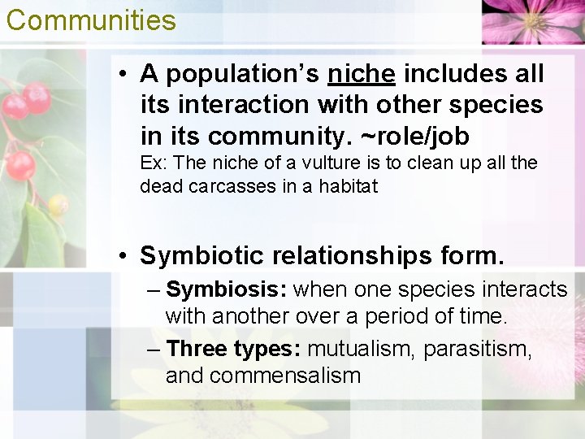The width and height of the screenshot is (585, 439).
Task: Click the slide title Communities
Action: point(91,20)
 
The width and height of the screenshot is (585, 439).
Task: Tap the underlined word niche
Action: point(362,74)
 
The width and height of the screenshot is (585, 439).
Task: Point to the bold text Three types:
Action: point(233,349)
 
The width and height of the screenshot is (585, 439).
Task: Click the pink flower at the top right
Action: point(532,20)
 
